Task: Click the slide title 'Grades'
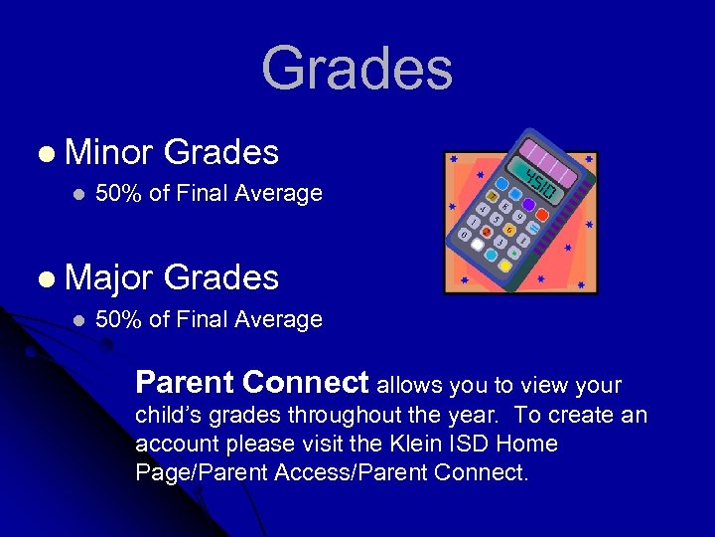click(357, 69)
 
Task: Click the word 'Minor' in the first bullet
click(108, 152)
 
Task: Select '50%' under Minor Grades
click(118, 194)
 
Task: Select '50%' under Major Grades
click(118, 319)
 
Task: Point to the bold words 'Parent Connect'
click(252, 383)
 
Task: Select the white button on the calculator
click(478, 245)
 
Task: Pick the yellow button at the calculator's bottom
click(505, 266)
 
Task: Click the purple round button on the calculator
click(529, 205)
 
